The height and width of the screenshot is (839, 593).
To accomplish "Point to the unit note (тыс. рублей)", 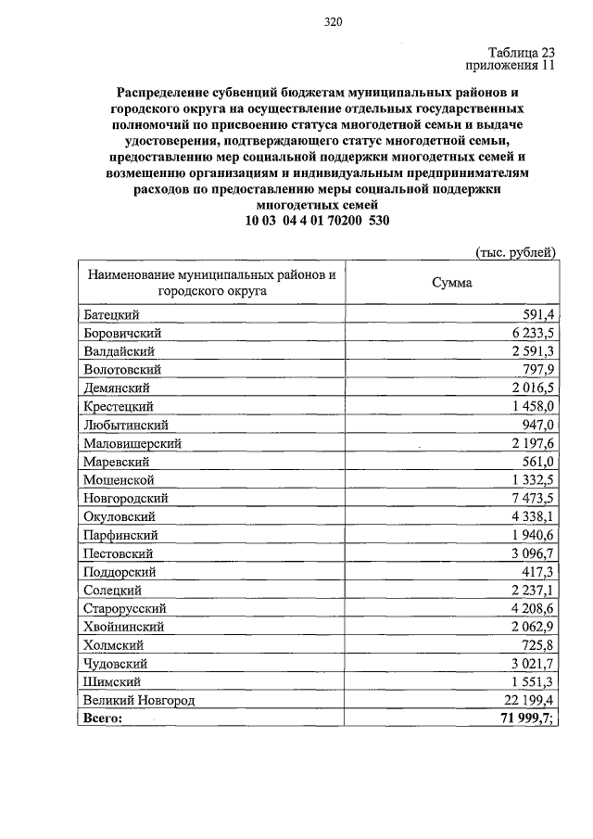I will coord(515,252).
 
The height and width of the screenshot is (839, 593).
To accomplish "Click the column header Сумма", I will coord(451,283).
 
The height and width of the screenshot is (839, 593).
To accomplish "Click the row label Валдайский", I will coord(118,351).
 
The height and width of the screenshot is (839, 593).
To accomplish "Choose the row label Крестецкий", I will coord(118,406).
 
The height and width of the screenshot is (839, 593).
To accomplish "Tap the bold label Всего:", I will coord(103,718).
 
